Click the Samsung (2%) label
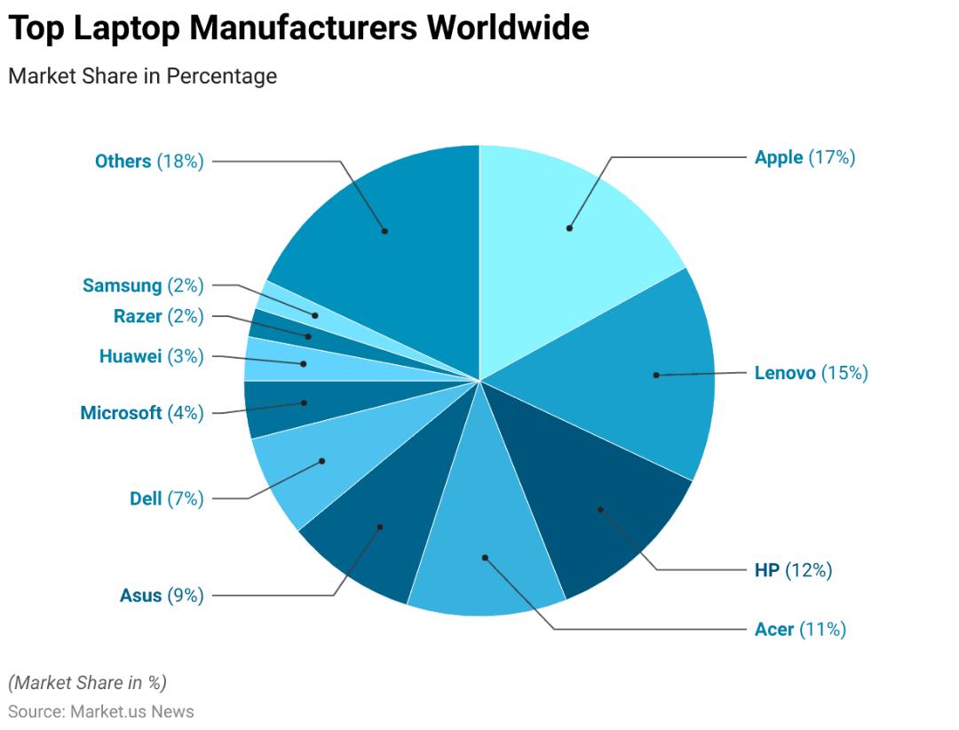[143, 286]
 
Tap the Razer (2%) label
[158, 316]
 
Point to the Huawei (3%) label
[151, 356]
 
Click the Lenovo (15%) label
[811, 373]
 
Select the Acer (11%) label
[800, 629]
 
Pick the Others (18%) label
[149, 162]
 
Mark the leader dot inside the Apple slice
[569, 228]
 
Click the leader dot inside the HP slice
[600, 509]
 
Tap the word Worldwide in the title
[508, 28]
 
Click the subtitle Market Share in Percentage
[142, 75]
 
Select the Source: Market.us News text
[101, 711]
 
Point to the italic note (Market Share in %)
[87, 682]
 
